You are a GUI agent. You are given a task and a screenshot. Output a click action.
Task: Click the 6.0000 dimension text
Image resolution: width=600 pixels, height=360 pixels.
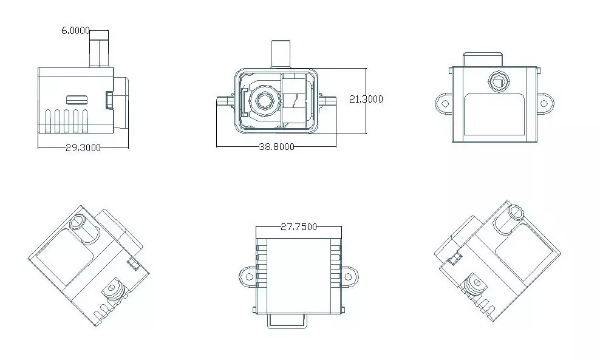(x=76, y=30)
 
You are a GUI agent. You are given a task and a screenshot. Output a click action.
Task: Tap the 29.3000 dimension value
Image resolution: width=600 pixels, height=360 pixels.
(x=83, y=148)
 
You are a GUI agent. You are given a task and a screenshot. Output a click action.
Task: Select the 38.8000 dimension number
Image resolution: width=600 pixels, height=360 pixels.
(x=277, y=146)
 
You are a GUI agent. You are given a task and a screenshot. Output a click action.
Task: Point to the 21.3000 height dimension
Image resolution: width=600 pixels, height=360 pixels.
(x=366, y=99)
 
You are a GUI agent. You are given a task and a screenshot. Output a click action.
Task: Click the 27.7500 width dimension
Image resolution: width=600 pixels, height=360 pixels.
(x=299, y=227)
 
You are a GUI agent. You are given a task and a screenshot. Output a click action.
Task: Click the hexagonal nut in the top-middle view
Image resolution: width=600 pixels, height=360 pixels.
(x=264, y=100)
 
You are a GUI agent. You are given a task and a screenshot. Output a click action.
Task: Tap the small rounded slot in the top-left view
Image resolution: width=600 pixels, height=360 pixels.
(x=77, y=100)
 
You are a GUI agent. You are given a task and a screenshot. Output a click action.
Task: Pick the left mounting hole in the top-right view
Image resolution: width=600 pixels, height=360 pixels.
(x=445, y=103)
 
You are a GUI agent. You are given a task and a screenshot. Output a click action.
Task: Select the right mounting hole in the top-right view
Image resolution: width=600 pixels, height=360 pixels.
(x=545, y=103)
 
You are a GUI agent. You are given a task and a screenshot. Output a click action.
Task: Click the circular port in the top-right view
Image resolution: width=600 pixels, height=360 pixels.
(x=499, y=82)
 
